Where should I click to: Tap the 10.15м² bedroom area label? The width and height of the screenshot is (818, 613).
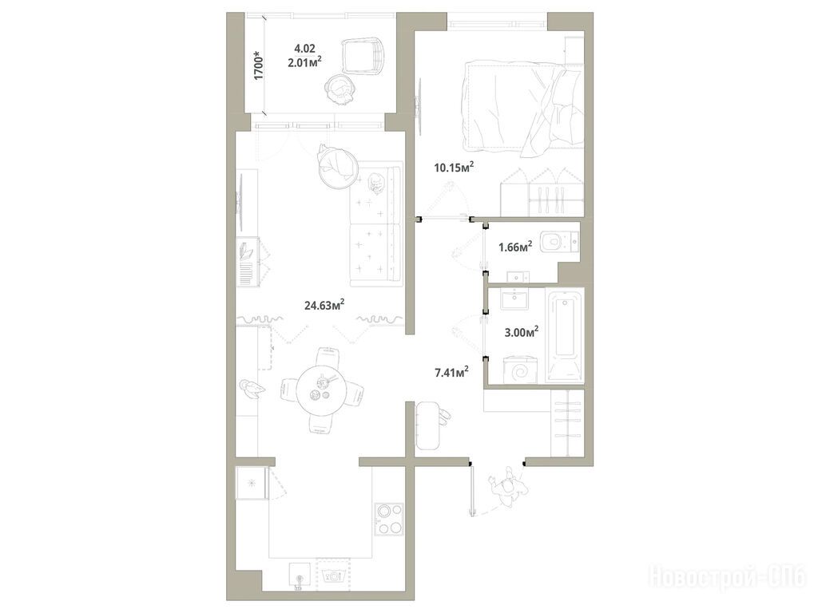[x=454, y=167]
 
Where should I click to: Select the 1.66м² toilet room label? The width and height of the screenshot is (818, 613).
[x=515, y=246]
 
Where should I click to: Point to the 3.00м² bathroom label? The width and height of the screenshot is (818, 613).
[x=521, y=332]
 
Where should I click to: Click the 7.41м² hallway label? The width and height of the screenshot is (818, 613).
[x=451, y=372]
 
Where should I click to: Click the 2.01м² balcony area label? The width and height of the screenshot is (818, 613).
[x=304, y=62]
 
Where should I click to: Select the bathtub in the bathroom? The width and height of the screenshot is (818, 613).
[x=565, y=334]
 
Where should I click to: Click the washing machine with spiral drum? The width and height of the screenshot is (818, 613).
[x=520, y=370]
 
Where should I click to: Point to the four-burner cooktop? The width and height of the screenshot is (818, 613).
[x=389, y=519]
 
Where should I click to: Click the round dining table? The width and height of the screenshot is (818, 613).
[x=321, y=390]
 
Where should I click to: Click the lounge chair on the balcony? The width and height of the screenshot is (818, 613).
[x=363, y=55]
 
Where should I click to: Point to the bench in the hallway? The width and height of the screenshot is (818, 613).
[x=429, y=425]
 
